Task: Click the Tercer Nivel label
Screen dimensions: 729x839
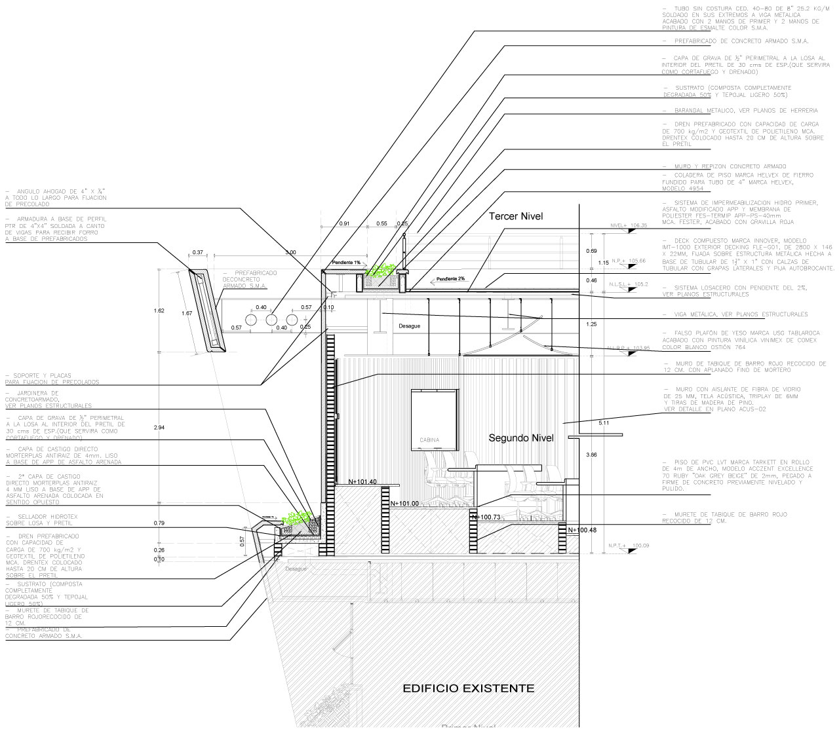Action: (517, 216)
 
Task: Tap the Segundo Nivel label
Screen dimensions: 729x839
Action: (522, 438)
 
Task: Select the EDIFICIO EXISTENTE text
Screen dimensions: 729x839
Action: (468, 688)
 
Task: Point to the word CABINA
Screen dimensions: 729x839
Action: (430, 439)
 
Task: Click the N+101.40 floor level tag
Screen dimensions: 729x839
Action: (362, 481)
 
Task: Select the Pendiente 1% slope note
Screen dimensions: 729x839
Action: (346, 262)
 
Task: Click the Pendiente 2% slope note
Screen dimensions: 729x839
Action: (452, 278)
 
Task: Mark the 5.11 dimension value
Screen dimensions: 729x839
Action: (604, 423)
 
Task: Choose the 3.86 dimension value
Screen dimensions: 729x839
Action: (592, 454)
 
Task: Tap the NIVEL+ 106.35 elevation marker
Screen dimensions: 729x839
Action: (628, 225)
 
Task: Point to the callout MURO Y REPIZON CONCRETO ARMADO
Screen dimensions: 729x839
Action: (724, 166)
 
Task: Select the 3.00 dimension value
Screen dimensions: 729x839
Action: (291, 252)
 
